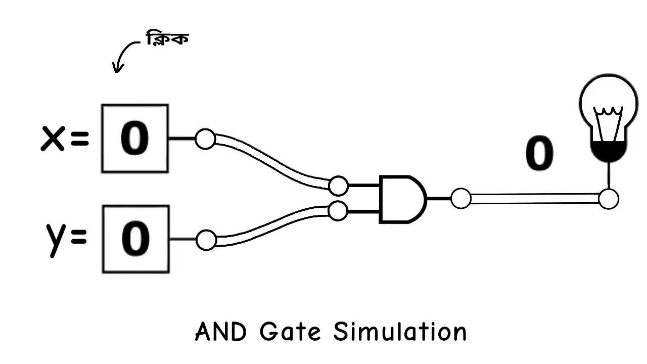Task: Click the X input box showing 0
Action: [135, 139]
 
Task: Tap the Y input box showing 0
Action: [135, 239]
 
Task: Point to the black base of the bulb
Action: [609, 151]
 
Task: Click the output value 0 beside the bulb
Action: [539, 154]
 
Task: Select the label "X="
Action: [65, 139]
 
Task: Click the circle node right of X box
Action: [205, 139]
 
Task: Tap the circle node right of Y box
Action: [206, 240]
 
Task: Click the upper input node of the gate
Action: [338, 186]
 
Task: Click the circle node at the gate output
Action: [460, 199]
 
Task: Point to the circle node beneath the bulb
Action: [608, 199]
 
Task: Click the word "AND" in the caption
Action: [221, 333]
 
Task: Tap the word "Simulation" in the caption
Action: [399, 333]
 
